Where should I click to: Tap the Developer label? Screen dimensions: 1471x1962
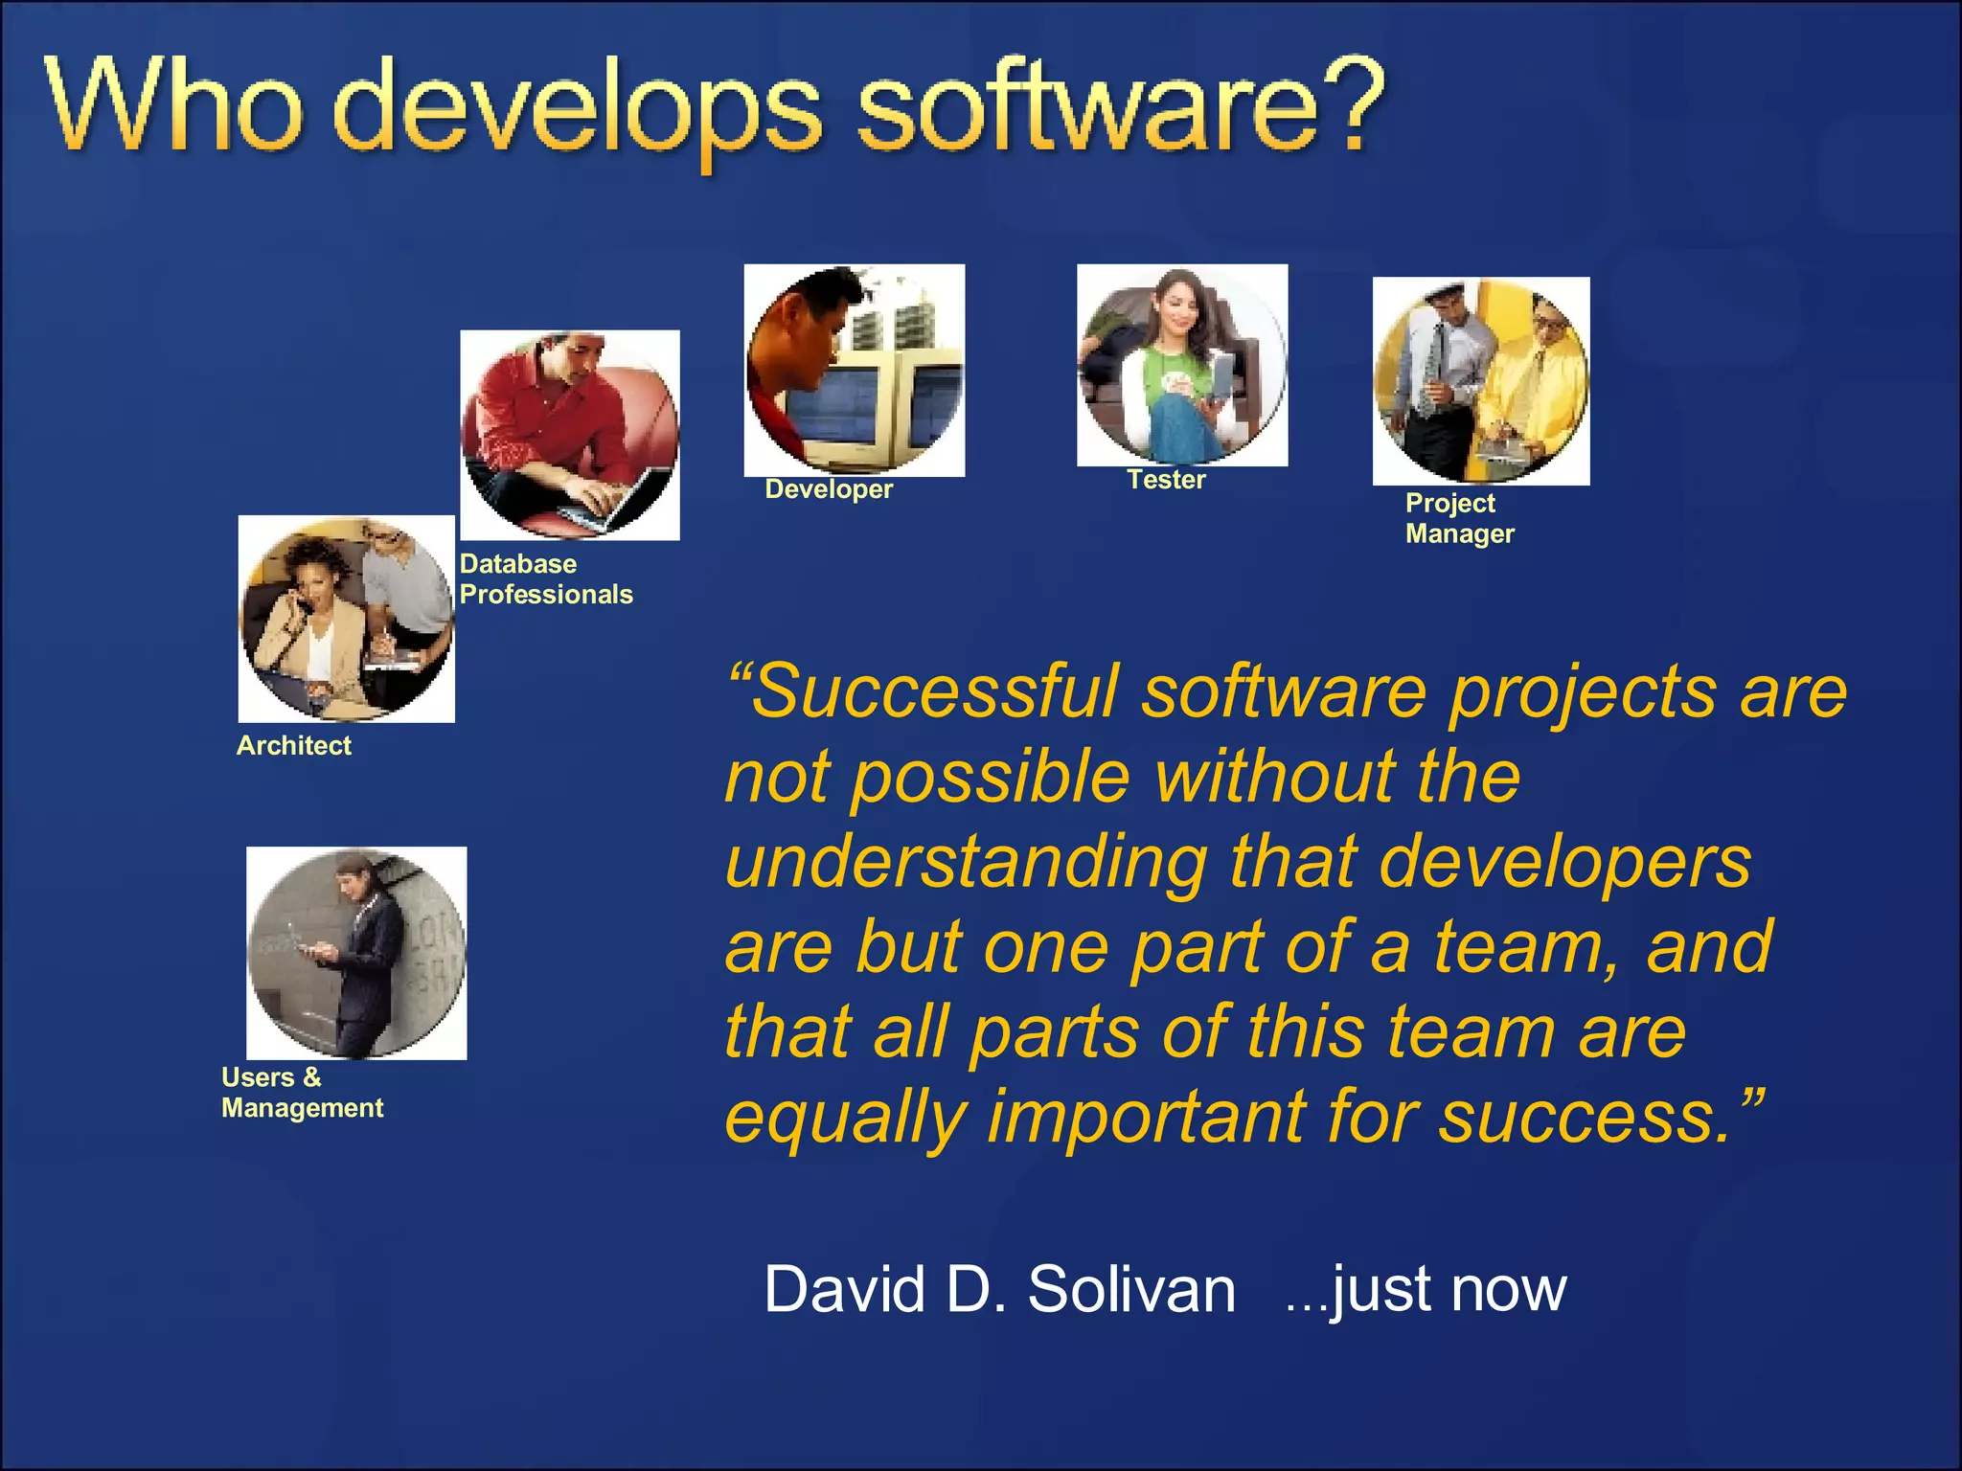(x=829, y=489)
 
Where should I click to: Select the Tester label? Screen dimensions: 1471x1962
(x=1166, y=480)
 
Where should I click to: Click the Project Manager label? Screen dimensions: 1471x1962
(x=1459, y=518)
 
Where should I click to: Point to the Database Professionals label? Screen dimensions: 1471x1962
(x=546, y=579)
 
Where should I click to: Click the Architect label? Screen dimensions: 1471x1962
(x=294, y=746)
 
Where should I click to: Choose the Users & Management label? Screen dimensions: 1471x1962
(x=302, y=1093)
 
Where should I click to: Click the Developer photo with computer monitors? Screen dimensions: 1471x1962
(x=855, y=371)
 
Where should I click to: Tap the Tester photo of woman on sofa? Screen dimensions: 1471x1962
(x=1182, y=366)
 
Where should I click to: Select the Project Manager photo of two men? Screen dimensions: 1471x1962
(x=1481, y=381)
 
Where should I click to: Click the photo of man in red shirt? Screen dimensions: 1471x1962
(x=570, y=436)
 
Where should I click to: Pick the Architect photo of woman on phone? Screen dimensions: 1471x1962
(x=347, y=620)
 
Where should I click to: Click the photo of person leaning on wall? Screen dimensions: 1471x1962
(x=356, y=953)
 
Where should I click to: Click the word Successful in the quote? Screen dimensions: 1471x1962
(x=935, y=691)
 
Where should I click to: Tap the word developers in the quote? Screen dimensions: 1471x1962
(x=1565, y=862)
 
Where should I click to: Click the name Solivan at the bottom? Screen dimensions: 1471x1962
(x=1131, y=1289)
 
